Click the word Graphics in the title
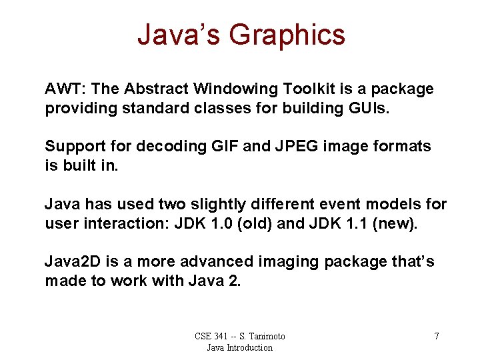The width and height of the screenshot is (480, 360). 287,35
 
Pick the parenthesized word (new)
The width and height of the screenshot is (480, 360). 397,223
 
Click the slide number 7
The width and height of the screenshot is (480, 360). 437,336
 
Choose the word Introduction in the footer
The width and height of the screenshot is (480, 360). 249,347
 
